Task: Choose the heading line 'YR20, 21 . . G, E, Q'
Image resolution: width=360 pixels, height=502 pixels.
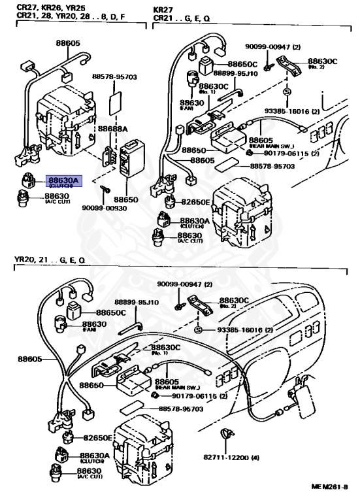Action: (50, 260)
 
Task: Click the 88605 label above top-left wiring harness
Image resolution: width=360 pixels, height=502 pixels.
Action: (66, 42)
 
